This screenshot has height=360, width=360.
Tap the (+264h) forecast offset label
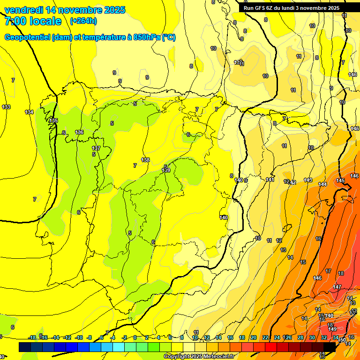click(x=83, y=21)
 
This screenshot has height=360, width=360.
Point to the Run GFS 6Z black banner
click(x=292, y=8)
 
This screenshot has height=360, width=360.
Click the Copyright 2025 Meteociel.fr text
click(x=199, y=357)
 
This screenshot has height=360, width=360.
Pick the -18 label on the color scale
click(x=32, y=337)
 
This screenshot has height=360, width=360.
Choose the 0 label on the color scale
click(x=135, y=337)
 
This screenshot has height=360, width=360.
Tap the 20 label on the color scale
click(x=253, y=337)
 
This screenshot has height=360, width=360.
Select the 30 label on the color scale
click(x=312, y=337)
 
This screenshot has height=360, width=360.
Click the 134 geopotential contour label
click(x=29, y=112)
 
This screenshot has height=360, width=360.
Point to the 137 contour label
click(x=96, y=148)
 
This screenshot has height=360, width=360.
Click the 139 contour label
click(x=166, y=170)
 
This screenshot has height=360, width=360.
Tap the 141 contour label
click(x=270, y=180)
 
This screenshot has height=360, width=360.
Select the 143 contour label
click(x=308, y=180)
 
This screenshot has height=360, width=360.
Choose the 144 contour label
click(x=322, y=184)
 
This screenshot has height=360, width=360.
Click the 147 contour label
click(x=337, y=287)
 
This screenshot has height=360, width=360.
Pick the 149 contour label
click(x=332, y=330)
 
